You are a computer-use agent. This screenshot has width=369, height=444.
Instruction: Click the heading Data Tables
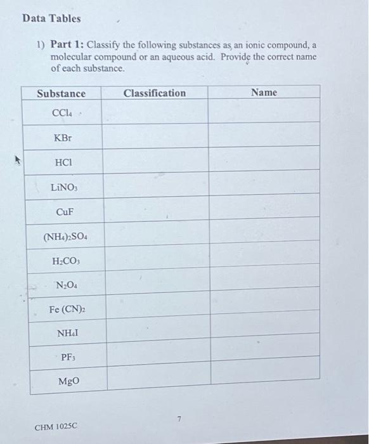(51, 18)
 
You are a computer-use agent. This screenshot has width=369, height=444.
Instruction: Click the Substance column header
(61, 93)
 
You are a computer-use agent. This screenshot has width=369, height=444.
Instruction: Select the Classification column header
(155, 93)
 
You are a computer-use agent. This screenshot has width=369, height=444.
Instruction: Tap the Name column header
(264, 92)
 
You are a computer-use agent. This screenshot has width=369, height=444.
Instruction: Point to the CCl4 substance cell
(62, 113)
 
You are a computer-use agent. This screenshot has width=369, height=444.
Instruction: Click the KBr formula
(63, 137)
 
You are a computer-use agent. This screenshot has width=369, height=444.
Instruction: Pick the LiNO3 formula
(64, 187)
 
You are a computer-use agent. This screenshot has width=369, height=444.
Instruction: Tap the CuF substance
(64, 211)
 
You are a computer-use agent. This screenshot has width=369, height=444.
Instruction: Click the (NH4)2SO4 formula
(66, 237)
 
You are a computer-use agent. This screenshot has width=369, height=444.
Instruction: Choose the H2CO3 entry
(65, 261)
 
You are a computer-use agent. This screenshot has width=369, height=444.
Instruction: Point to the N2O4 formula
(66, 285)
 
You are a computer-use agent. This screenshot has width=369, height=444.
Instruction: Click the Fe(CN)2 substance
(67, 310)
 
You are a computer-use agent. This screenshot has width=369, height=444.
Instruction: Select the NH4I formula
(67, 333)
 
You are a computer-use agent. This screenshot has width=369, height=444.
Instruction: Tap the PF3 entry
(68, 357)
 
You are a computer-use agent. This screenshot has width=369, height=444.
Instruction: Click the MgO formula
(68, 382)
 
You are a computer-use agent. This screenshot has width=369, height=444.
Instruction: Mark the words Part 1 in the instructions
(66, 45)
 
